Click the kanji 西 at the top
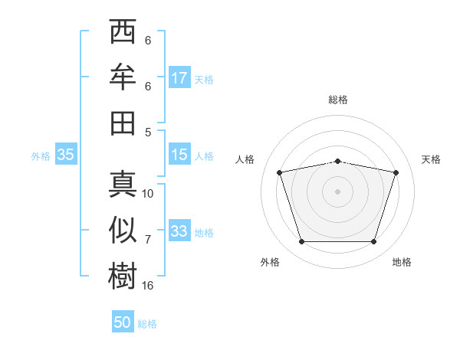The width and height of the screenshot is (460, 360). tap(123, 31)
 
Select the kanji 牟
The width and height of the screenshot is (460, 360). tap(123, 77)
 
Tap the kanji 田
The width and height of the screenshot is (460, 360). tap(123, 123)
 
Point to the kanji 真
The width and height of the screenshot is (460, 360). tap(123, 185)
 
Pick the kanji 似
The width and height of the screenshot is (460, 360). tap(123, 230)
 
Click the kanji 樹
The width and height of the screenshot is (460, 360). tap(123, 276)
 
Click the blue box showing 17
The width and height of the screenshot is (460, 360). tap(179, 77)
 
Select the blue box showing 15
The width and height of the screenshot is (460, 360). tap(179, 154)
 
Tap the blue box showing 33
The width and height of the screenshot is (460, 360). tap(179, 230)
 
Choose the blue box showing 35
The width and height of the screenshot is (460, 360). tap(66, 154)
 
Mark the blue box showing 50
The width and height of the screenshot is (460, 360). tap(123, 321)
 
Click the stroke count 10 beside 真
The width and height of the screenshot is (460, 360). tap(147, 194)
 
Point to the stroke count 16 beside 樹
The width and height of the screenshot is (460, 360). tap(147, 286)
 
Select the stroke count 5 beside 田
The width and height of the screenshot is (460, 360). tap(148, 133)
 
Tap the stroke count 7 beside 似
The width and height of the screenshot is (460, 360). tap(148, 240)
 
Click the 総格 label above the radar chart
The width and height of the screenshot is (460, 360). tap(338, 100)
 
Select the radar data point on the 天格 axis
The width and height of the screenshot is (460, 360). tap(396, 172)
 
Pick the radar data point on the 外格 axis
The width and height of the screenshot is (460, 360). tap(302, 242)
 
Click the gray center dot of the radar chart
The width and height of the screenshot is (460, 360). tap(337, 191)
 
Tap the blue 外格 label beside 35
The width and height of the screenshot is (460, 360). tap(41, 156)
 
